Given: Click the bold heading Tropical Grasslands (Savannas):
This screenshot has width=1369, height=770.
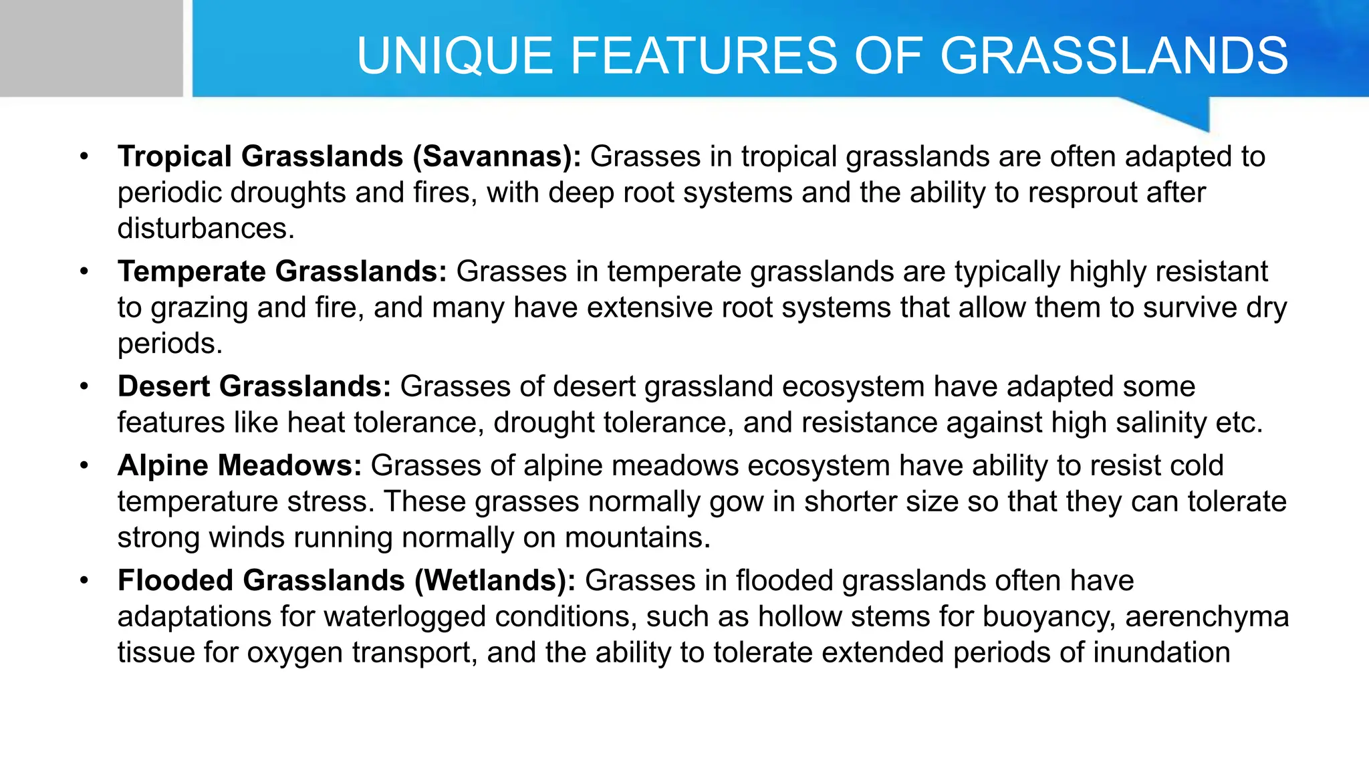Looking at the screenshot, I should point(349,156).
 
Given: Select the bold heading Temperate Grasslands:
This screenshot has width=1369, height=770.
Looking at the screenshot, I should point(282,271).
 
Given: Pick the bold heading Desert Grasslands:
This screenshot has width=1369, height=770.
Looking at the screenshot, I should point(254,386).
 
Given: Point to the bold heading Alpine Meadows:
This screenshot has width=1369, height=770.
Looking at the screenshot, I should point(239,465).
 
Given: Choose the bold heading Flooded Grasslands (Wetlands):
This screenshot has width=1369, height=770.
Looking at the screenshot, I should point(346,580).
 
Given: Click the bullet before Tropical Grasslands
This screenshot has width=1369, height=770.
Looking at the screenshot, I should point(84,157).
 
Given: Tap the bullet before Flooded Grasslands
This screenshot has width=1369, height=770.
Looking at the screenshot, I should point(84,581).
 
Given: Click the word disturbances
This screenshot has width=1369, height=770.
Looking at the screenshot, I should point(205,229).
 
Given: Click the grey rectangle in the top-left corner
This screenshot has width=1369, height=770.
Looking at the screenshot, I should point(91,48).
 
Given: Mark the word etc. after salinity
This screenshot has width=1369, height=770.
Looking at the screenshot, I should point(1239,422).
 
